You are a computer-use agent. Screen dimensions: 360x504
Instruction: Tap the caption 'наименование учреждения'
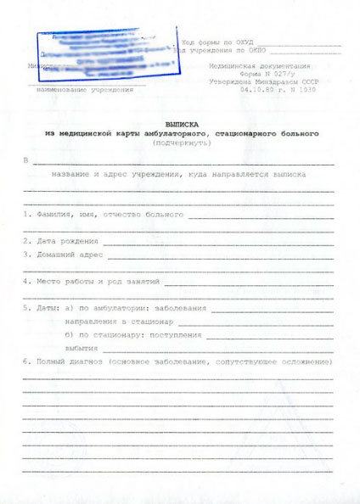[84, 89]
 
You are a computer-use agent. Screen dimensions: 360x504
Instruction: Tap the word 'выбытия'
[82, 348]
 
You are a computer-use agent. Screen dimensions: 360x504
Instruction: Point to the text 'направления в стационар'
[119, 322]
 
